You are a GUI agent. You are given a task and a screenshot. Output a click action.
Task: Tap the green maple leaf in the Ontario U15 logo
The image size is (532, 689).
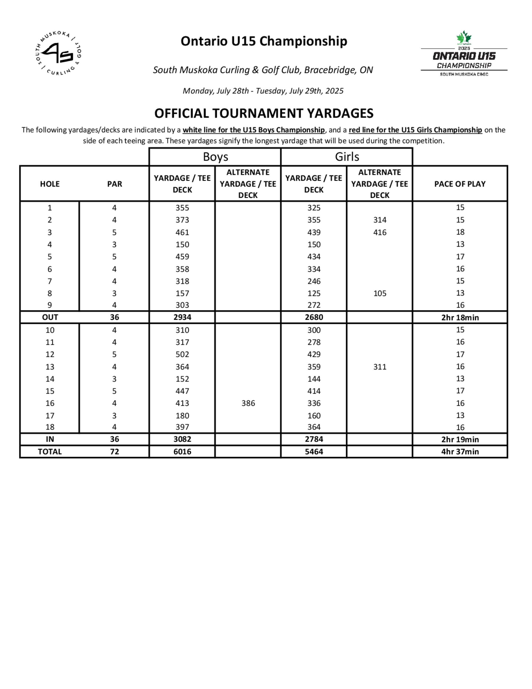464,38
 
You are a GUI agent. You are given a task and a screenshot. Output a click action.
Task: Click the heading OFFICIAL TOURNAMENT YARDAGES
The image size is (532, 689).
264,113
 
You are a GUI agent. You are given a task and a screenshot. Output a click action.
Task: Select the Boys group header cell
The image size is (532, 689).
215,157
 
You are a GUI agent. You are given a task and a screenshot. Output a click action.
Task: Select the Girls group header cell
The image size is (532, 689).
347,157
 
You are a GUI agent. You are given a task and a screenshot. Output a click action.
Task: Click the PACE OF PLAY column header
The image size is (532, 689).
460,184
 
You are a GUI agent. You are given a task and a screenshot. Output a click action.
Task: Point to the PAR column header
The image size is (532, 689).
114,184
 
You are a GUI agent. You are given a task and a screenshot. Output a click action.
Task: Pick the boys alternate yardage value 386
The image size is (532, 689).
248,403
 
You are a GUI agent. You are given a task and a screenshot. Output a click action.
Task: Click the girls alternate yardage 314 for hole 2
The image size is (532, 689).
380,220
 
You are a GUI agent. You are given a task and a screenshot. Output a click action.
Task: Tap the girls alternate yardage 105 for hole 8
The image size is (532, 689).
380,293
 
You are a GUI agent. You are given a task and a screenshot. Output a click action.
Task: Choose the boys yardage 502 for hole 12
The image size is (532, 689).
182,354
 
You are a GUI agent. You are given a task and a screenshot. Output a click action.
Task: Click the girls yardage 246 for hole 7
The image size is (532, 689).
314,281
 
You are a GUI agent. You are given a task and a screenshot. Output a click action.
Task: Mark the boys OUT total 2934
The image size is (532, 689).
182,317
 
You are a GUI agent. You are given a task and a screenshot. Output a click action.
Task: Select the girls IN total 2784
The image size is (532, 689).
314,439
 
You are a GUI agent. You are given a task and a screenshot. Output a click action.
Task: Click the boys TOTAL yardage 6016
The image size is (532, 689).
182,452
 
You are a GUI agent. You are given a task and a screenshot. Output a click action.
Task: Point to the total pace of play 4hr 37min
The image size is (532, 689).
460,452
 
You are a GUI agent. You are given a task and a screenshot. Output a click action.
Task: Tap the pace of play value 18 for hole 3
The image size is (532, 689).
460,232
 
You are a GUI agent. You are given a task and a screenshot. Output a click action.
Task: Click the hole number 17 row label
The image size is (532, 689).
50,416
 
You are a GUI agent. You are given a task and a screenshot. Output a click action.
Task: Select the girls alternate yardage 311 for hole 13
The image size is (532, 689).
380,367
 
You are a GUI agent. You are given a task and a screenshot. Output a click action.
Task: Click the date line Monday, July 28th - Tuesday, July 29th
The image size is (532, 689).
263,91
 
